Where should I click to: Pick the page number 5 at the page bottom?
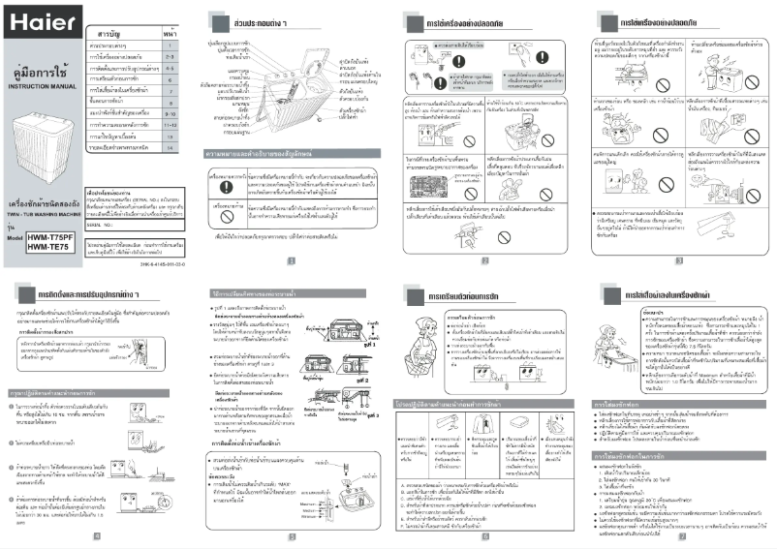pyautogui.click(x=291, y=535)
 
